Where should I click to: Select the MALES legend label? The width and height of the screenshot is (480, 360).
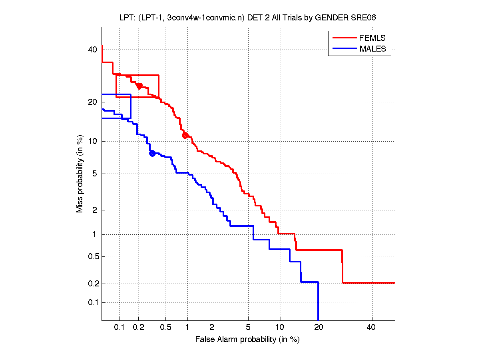click(x=372, y=49)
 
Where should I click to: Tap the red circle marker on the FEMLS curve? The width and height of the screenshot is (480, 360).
click(x=185, y=135)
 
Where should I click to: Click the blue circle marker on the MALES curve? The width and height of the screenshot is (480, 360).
click(x=152, y=153)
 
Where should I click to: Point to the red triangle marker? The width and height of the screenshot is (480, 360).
click(x=139, y=86)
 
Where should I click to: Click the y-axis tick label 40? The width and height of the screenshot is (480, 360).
click(x=92, y=50)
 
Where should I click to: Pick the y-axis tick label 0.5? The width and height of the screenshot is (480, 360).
click(x=92, y=256)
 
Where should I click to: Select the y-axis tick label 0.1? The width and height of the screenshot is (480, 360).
click(x=92, y=302)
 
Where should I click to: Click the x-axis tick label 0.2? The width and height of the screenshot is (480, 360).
click(x=138, y=328)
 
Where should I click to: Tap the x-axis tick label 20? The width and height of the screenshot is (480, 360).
click(x=318, y=328)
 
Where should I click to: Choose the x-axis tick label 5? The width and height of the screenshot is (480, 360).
click(x=248, y=328)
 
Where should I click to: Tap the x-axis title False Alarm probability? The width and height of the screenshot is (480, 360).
click(x=247, y=340)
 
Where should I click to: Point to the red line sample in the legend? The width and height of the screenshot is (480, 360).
click(x=344, y=38)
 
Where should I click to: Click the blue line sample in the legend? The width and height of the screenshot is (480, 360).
click(x=344, y=49)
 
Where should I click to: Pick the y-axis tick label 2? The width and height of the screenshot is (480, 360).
click(x=95, y=210)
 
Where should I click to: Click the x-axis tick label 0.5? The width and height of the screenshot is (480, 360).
click(x=165, y=328)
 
